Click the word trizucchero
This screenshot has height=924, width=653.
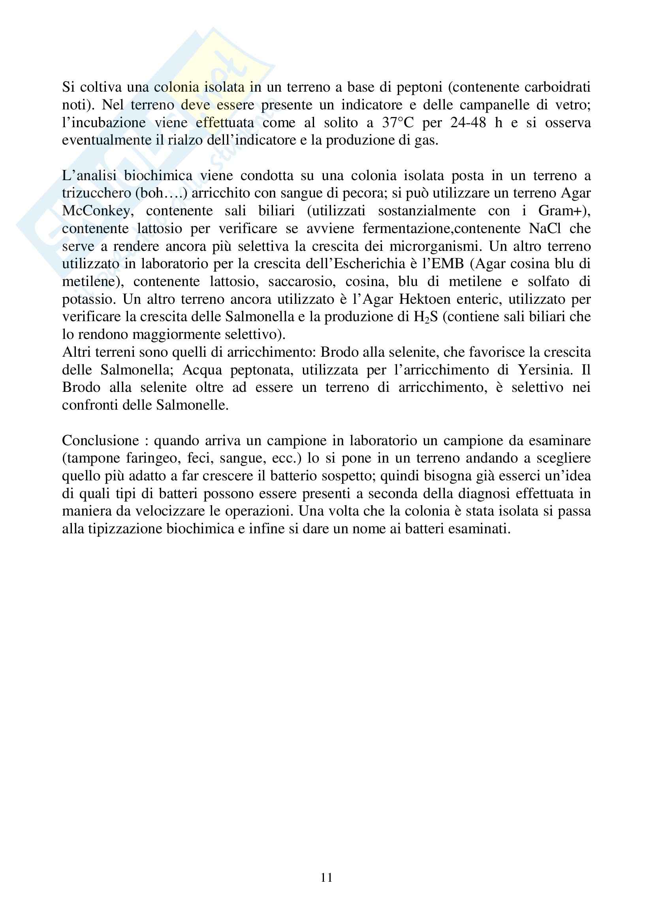coord(96,194)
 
